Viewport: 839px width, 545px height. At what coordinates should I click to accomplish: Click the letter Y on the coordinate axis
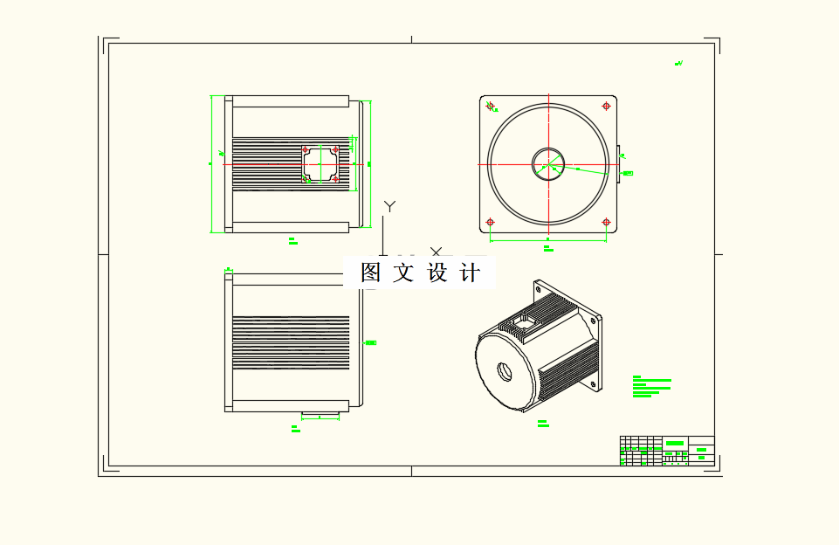[x=390, y=206]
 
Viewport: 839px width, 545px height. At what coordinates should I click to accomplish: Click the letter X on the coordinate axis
[x=436, y=252]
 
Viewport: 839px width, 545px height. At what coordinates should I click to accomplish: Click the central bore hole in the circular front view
[x=548, y=163]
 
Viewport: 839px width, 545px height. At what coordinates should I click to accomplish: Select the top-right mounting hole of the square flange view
[x=606, y=107]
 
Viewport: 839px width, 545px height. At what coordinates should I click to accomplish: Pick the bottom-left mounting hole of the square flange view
[x=490, y=221]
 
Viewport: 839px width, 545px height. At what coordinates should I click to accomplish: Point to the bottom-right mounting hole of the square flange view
[x=606, y=221]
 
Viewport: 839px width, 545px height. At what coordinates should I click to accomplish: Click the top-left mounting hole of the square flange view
[x=490, y=107]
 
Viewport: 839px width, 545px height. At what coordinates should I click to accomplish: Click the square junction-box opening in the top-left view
[x=320, y=163]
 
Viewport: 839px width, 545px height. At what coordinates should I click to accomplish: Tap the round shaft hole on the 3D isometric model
[x=505, y=369]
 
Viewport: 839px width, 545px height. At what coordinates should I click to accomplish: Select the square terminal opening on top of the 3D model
[x=525, y=321]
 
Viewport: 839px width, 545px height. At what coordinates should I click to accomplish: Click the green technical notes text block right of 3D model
[x=651, y=387]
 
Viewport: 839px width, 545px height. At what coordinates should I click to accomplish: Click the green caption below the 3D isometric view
[x=543, y=424]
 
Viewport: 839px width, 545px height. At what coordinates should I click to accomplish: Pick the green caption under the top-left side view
[x=293, y=240]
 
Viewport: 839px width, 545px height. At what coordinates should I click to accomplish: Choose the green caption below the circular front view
[x=547, y=249]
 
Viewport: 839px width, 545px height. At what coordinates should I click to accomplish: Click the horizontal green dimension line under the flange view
[x=547, y=238]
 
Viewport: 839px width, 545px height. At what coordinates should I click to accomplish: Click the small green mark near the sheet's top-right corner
[x=678, y=63]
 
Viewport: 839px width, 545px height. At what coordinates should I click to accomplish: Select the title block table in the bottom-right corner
[x=667, y=451]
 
